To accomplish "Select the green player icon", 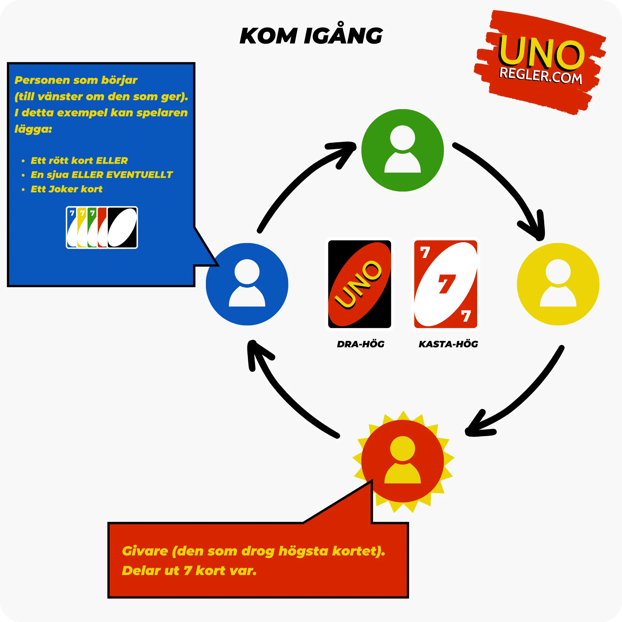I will click(403, 150).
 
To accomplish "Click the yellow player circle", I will click(558, 284).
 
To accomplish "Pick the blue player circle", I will click(247, 284).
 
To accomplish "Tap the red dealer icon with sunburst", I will click(403, 461).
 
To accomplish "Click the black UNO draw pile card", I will click(359, 284).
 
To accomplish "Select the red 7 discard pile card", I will click(445, 284).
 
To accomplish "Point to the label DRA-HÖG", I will click(361, 344).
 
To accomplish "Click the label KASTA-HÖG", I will click(448, 344).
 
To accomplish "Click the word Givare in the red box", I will click(145, 551).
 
